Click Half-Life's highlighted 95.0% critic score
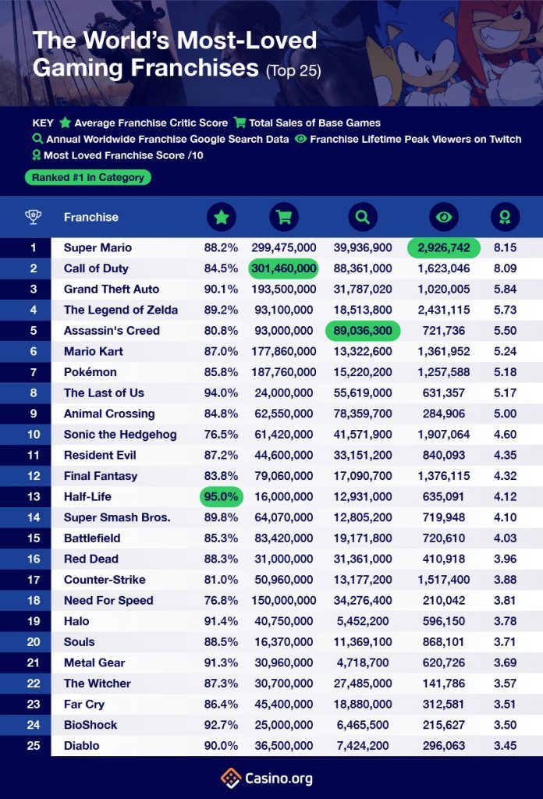tap(222, 496)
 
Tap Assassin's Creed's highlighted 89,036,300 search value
tap(362, 331)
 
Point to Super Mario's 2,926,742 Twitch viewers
tap(443, 247)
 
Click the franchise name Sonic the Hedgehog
tap(120, 435)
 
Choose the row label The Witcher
tap(98, 684)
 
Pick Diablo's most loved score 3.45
tap(504, 745)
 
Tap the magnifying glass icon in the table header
tap(362, 218)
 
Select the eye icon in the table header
tap(443, 218)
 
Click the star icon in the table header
tap(222, 218)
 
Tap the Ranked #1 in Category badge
tap(88, 177)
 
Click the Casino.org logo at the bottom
tap(271, 778)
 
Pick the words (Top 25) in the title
tap(293, 71)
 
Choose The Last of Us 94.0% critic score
tap(222, 392)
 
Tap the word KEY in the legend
tap(43, 123)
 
